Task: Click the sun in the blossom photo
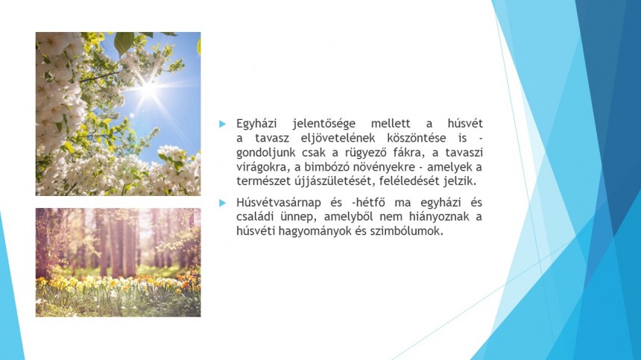[148, 89]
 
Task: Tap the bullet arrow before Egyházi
[222, 124]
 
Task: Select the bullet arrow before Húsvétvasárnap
[222, 203]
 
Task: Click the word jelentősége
[323, 124]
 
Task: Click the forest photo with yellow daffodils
[119, 262]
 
